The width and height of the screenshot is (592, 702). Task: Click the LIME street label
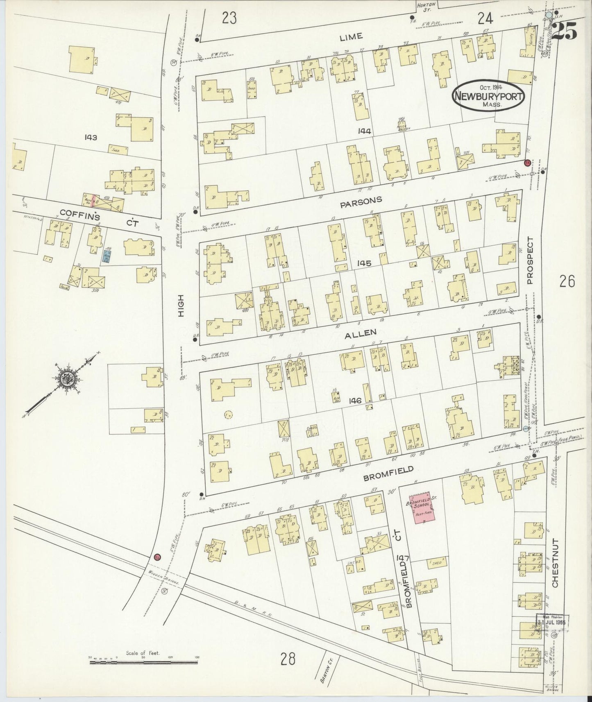point(351,36)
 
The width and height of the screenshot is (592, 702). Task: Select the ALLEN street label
point(361,333)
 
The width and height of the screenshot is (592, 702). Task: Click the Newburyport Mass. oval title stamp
point(488,96)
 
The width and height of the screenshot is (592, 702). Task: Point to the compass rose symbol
point(65,379)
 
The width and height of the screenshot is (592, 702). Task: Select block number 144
point(364,131)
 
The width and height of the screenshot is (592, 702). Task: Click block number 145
point(363,263)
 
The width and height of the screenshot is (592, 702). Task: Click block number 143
point(90,137)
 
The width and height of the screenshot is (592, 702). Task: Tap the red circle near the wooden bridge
point(157,557)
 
